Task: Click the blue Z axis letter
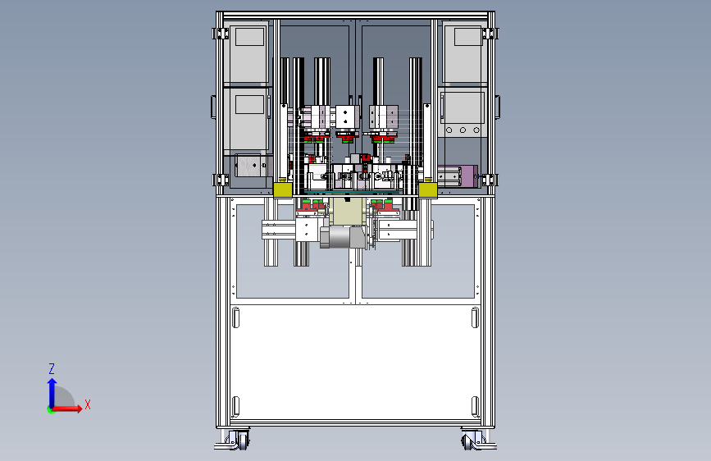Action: (x=52, y=368)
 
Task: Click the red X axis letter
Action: (x=88, y=404)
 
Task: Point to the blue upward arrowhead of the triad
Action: (x=52, y=383)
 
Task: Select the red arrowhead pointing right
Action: (x=79, y=408)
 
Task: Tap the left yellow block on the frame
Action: (x=282, y=190)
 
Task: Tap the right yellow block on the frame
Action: (x=427, y=190)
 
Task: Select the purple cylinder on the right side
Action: (x=468, y=176)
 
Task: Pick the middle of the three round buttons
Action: (x=463, y=130)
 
